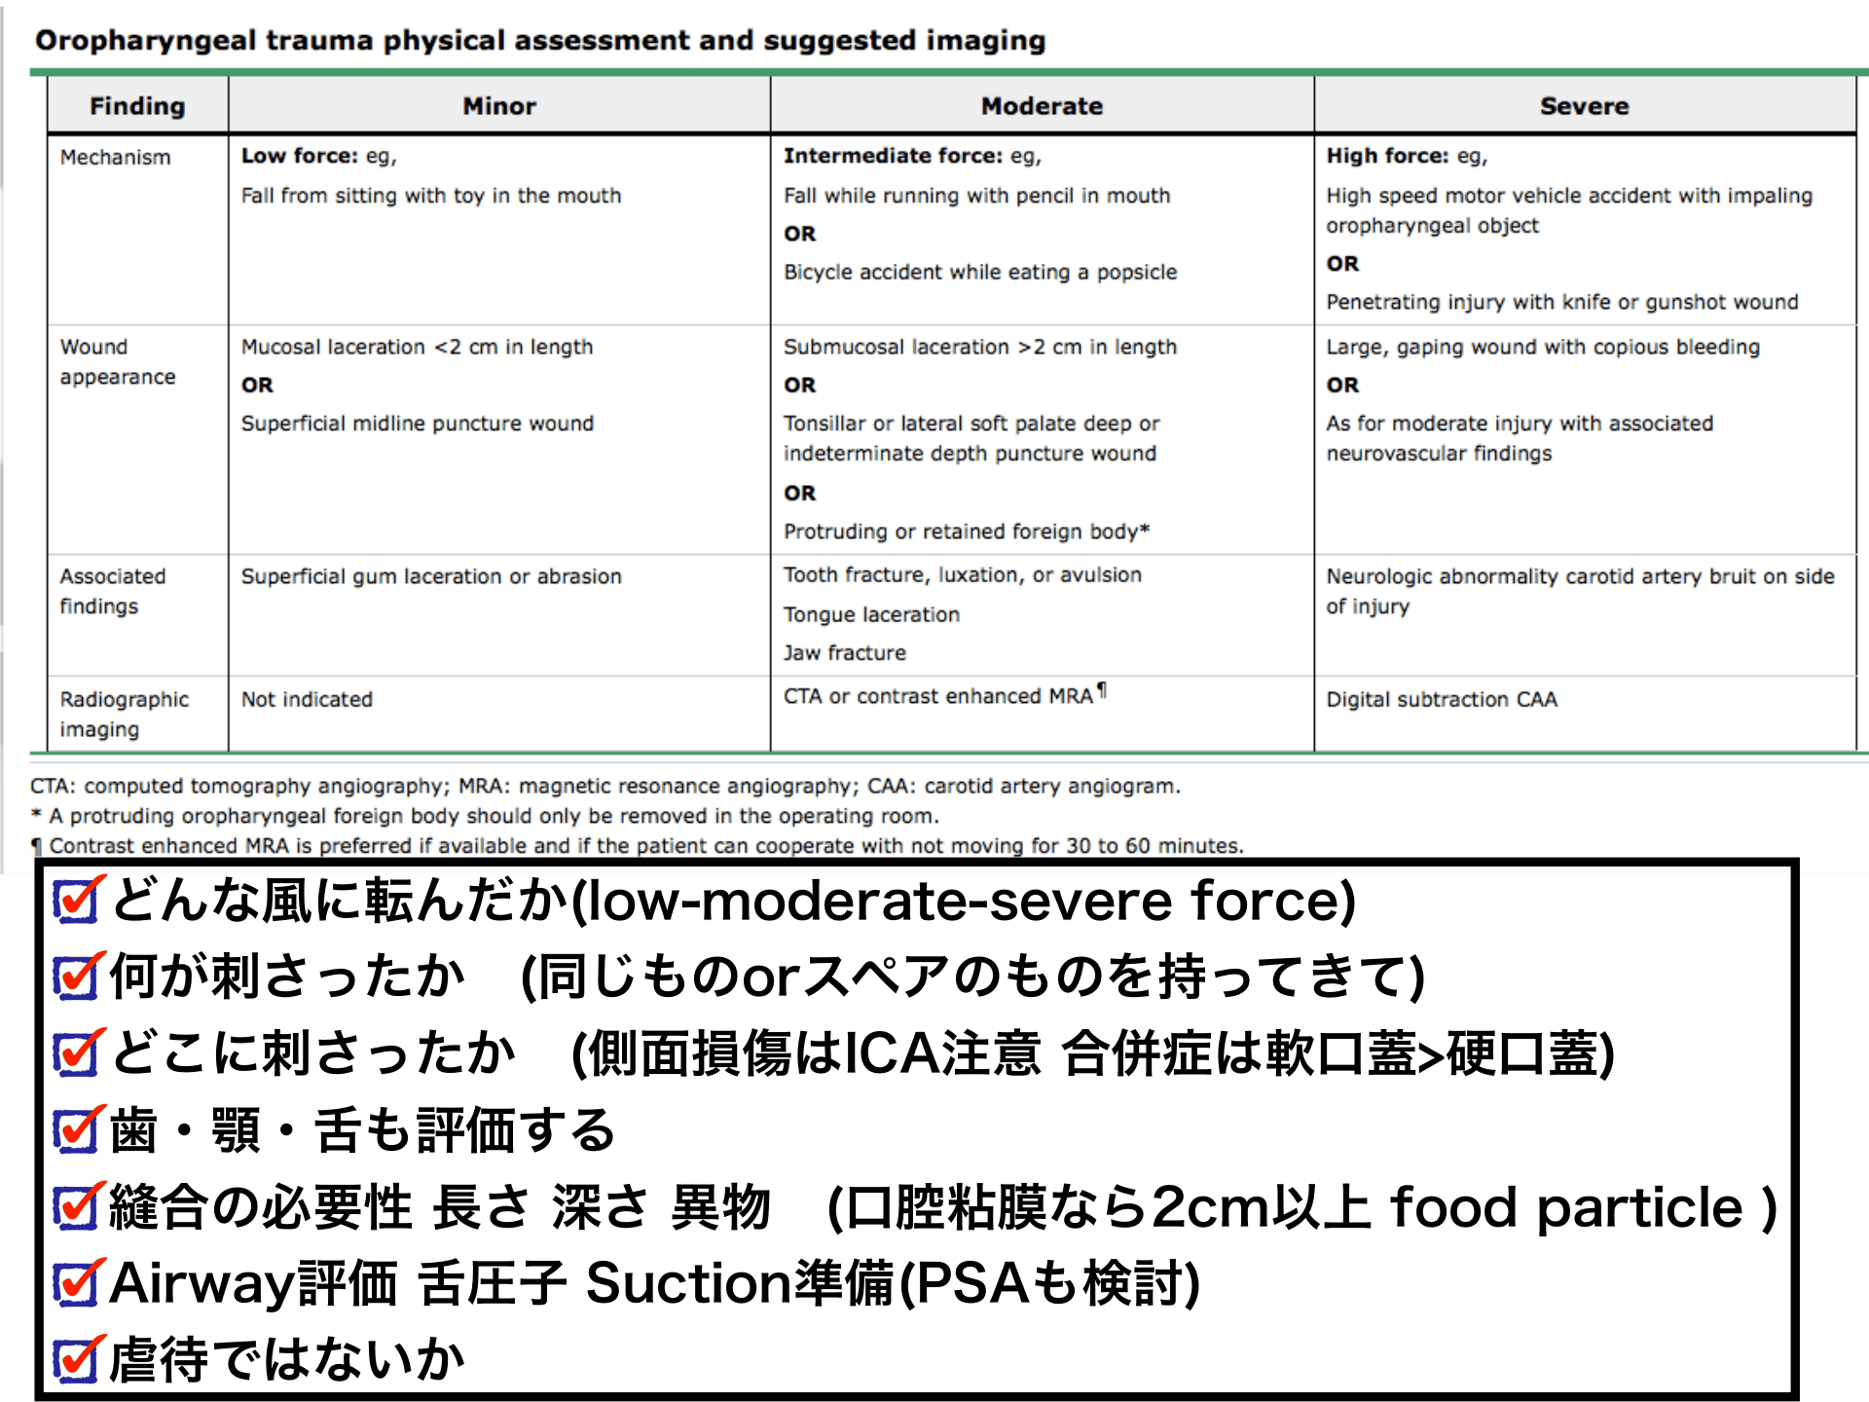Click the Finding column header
(137, 106)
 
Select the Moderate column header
(1042, 106)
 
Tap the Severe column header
(1584, 106)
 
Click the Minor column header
(499, 106)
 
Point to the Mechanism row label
(115, 158)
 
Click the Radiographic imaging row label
(124, 714)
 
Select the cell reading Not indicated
(307, 699)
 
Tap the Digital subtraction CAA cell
(1442, 699)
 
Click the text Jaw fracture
(845, 653)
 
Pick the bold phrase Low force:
(300, 156)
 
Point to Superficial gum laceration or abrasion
(431, 576)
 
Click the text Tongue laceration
(871, 614)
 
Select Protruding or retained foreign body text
(966, 532)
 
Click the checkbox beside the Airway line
(76, 1284)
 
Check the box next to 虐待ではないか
(76, 1360)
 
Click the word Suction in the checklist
(687, 1283)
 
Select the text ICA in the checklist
(894, 1053)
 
